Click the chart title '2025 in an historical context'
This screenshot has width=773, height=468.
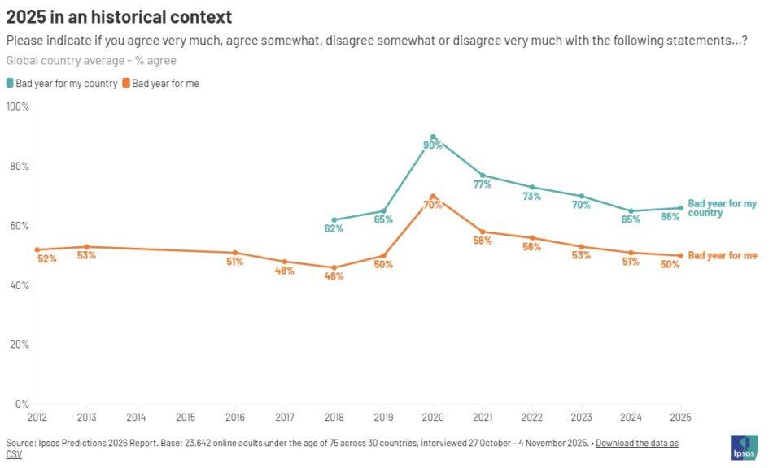coord(119,17)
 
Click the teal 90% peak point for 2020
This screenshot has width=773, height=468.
coord(433,136)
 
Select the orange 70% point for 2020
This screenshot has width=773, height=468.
coord(433,196)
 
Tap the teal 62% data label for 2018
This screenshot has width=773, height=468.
coord(334,228)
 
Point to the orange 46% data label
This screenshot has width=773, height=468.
coord(334,276)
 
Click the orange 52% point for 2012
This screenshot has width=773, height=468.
coord(37,249)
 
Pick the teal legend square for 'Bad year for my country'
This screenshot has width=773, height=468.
coord(10,83)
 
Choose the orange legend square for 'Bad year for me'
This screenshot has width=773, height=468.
coord(126,83)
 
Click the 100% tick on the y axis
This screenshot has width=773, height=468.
coord(18,106)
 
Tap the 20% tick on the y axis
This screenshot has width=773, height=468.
coord(20,344)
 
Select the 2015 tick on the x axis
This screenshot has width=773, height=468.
coord(186,417)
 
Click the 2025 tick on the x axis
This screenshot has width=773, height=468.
coord(680,417)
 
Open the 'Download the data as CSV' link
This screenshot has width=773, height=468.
coord(636,443)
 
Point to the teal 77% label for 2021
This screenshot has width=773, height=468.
coord(483,184)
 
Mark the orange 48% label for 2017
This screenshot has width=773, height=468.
coord(284,271)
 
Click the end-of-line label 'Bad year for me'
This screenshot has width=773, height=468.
coord(723,255)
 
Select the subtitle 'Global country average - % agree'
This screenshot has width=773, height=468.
coord(91,60)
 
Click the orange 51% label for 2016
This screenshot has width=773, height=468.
coord(235,262)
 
